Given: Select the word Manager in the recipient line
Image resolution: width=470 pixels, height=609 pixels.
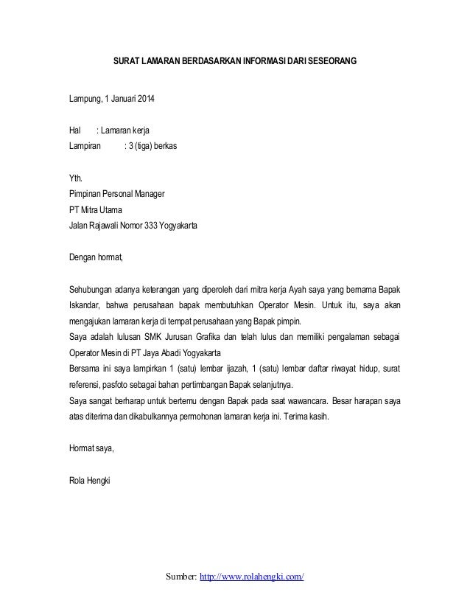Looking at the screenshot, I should (x=148, y=195).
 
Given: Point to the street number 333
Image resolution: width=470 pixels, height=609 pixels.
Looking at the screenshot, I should (x=152, y=226).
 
